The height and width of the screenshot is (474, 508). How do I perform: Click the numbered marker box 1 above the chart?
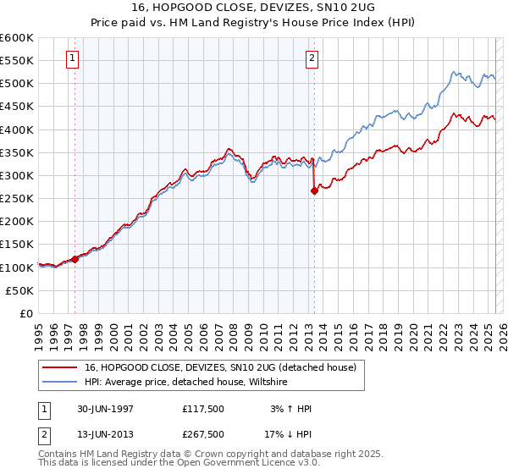[72, 58]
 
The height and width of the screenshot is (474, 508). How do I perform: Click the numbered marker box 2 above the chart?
[312, 58]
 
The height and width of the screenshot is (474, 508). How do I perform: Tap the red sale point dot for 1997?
[75, 259]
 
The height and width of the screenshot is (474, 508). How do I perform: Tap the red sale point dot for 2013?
[314, 190]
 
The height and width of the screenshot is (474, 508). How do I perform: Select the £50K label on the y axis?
[20, 290]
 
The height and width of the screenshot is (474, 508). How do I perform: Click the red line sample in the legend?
[61, 367]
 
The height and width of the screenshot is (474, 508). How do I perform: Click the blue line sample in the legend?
[61, 383]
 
